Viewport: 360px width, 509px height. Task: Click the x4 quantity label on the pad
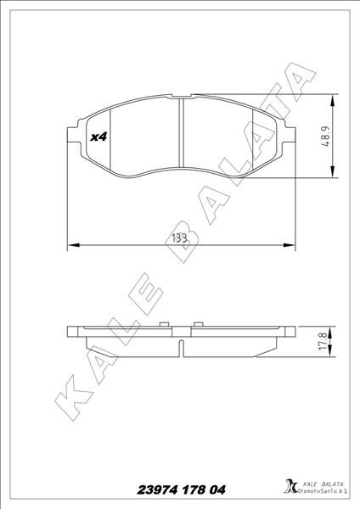[97, 136]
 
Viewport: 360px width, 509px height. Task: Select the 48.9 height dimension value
[325, 137]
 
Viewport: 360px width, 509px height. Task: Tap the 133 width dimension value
[179, 238]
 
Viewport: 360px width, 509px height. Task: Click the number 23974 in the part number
[159, 490]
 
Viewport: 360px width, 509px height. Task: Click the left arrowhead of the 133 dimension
[70, 246]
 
